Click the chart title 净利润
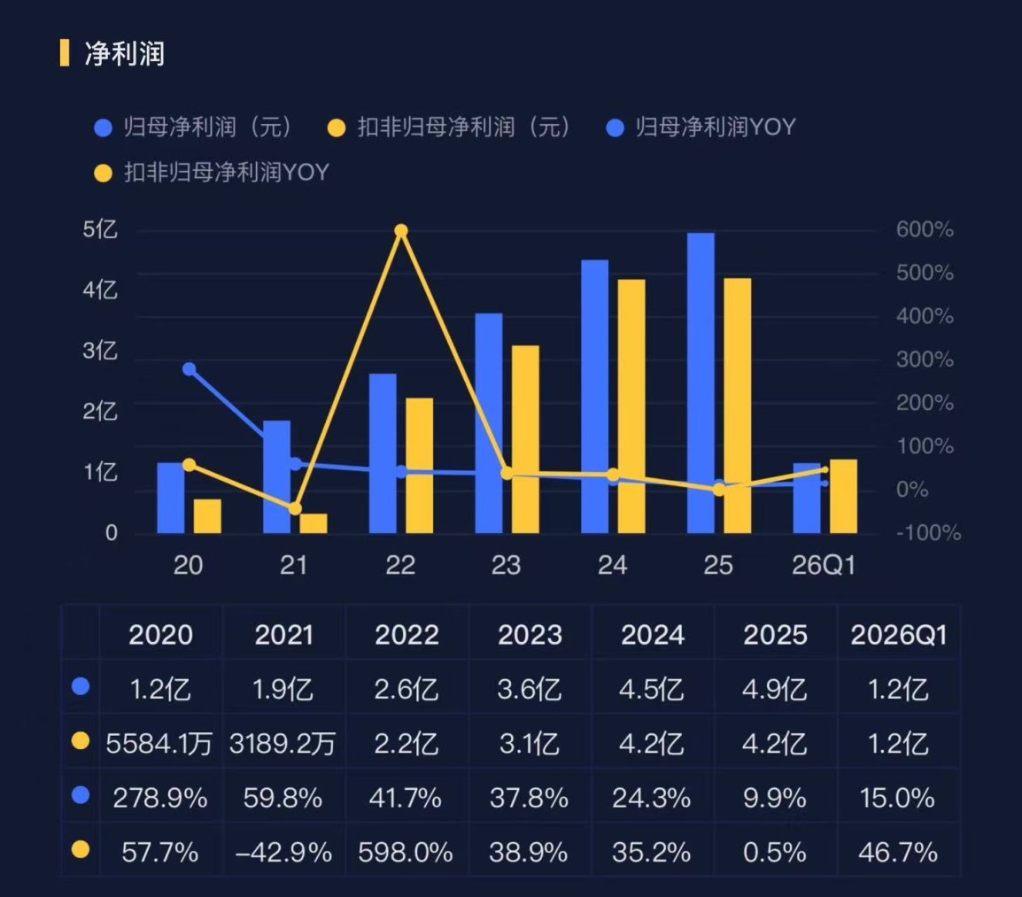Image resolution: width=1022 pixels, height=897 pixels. [125, 53]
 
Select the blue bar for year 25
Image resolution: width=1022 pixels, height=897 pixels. [701, 383]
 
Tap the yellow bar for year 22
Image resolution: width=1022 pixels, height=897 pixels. [419, 466]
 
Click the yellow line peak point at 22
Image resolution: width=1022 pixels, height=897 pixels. [401, 231]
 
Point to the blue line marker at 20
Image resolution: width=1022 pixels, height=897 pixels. [189, 369]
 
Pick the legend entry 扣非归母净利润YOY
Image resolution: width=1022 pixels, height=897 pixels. [212, 173]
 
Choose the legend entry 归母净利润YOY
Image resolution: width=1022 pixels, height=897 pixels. [701, 128]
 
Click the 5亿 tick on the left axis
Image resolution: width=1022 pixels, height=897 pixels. [100, 229]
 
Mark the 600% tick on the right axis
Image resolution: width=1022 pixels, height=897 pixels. [925, 229]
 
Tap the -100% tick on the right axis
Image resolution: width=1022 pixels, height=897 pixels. [928, 533]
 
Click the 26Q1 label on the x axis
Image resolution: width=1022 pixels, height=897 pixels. [824, 565]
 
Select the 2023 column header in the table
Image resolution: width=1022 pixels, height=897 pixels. [530, 634]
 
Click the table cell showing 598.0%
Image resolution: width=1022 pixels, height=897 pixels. [406, 852]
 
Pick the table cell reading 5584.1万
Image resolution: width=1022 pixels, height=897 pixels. [159, 743]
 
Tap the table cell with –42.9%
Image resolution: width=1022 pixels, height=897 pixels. [283, 852]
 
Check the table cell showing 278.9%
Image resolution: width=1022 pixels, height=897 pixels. [160, 798]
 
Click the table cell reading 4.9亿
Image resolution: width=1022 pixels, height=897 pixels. [774, 689]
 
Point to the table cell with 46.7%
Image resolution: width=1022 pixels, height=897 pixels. [898, 852]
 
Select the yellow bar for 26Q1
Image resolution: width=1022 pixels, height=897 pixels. [843, 496]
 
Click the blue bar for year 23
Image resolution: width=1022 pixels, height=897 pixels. [489, 423]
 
